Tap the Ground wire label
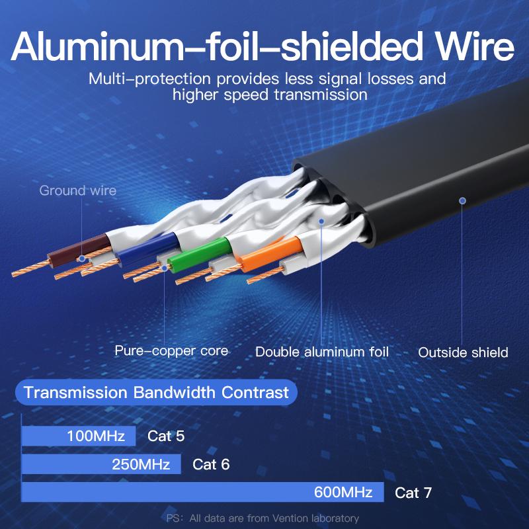pos(77,191)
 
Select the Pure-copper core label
pos(171,350)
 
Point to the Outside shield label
pos(463,352)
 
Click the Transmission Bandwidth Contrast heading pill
pos(156,393)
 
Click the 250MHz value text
pos(141,464)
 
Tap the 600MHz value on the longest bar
pos(344,493)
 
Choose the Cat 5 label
pos(166,436)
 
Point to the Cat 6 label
pos(211,464)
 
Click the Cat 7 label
pos(413,493)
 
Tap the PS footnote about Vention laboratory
pos(263,518)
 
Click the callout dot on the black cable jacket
pos(463,200)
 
